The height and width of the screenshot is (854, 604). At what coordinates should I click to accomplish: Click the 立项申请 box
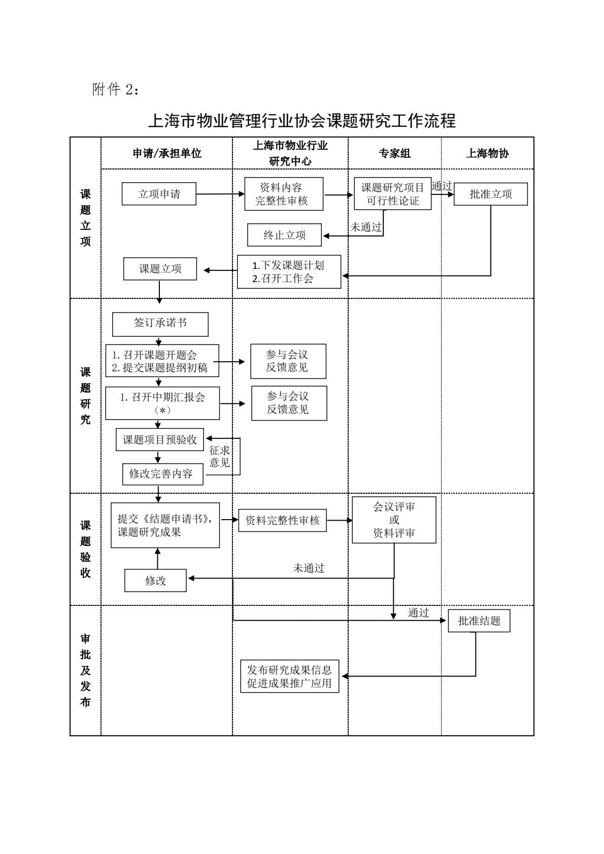pos(159,194)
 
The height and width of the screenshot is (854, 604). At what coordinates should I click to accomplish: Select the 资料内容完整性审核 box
pos(284,194)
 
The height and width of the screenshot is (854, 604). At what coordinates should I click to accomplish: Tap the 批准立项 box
pos(490,194)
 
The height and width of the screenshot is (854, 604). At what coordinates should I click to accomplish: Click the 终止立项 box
pos(284,235)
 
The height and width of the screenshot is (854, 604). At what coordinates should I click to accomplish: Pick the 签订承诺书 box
pos(160,323)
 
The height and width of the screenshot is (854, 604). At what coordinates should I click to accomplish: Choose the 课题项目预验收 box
pos(160,439)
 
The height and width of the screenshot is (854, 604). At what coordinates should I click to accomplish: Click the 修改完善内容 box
pos(163,474)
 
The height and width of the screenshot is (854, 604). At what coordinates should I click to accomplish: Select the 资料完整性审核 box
pos(282,520)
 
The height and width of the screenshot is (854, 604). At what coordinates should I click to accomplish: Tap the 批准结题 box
pos(479,621)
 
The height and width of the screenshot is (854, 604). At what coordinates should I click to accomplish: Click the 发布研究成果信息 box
pos(289,676)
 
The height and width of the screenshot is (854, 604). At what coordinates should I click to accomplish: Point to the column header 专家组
pos(394,153)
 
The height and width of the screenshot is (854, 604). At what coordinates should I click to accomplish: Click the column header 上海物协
pos(487,153)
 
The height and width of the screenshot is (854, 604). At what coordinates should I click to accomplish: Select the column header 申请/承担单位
pos(167,153)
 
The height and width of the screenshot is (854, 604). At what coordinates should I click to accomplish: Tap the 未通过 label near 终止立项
pos(365,227)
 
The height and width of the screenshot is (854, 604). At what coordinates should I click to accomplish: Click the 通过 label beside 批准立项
pos(442,186)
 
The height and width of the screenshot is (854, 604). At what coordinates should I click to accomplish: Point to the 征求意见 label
pos(219,456)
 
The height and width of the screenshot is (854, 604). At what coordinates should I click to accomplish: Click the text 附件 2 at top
pos(115,90)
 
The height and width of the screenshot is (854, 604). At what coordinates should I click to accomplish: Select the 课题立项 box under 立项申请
pos(160,269)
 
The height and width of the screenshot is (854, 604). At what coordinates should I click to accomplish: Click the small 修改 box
pos(155,580)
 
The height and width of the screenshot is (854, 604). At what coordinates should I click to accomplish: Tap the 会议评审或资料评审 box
pos(394,520)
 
